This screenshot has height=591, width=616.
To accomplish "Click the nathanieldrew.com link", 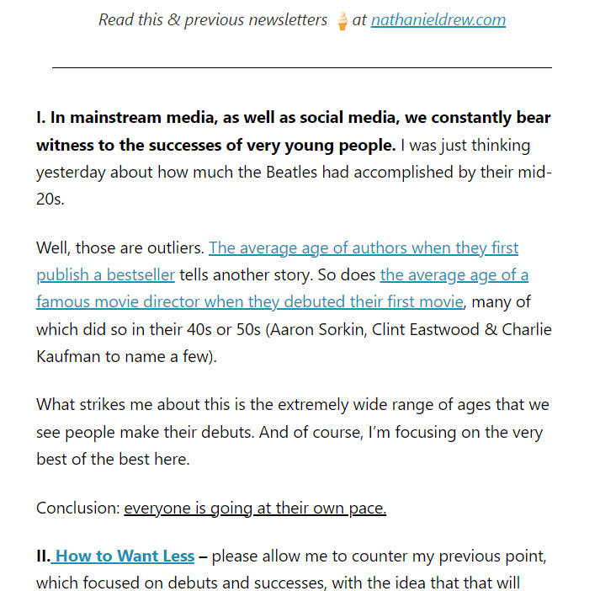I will [438, 19].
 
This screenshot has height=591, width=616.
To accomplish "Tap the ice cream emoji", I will [342, 21].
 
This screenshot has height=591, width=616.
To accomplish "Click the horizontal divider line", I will [301, 67].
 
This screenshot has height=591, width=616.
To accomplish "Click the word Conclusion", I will [77, 508].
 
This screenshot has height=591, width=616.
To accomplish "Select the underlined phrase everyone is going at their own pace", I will [255, 508].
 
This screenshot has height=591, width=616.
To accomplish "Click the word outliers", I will [173, 248].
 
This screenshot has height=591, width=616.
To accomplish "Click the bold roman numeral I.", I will [40, 117].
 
